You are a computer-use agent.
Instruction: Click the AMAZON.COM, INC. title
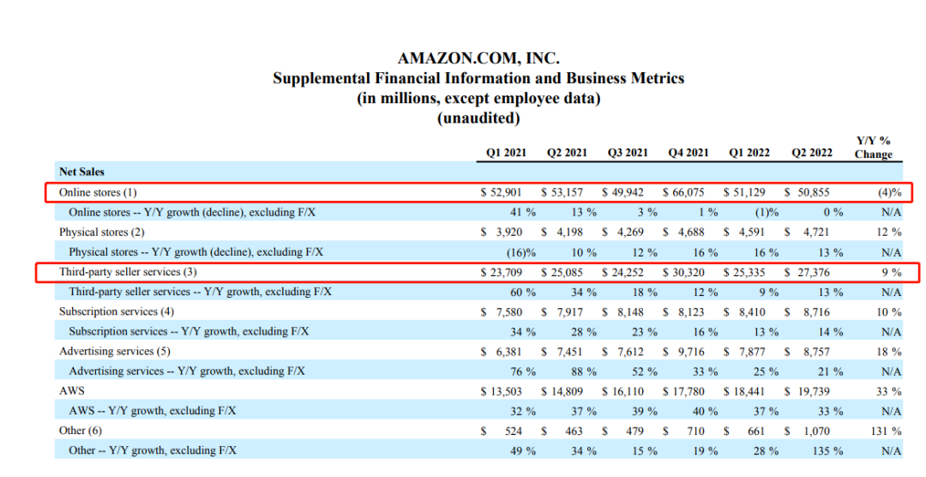tap(478, 59)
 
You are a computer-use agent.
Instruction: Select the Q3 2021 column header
tap(628, 153)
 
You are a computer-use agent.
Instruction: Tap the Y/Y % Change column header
tap(873, 147)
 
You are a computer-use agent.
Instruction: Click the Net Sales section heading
tap(81, 172)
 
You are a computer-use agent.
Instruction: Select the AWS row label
tap(72, 391)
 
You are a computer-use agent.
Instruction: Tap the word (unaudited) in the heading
tap(478, 118)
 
